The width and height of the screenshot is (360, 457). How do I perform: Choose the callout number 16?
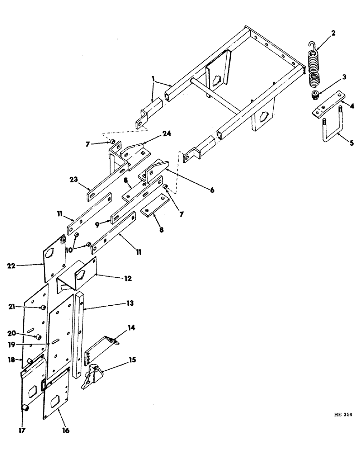pyautogui.click(x=67, y=430)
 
